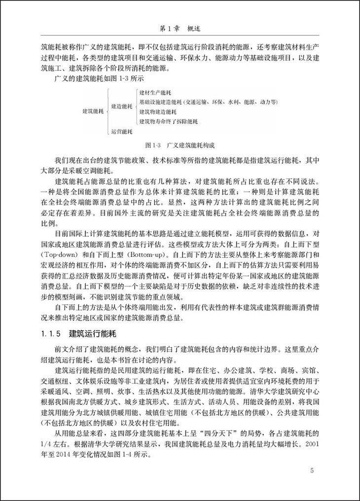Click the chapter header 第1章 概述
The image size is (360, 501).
coord(180,29)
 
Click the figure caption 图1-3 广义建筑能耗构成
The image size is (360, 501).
coord(180,146)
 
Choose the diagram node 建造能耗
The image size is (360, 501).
coord(122,107)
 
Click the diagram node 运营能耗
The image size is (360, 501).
coord(122,131)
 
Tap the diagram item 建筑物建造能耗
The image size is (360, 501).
coord(161,112)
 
